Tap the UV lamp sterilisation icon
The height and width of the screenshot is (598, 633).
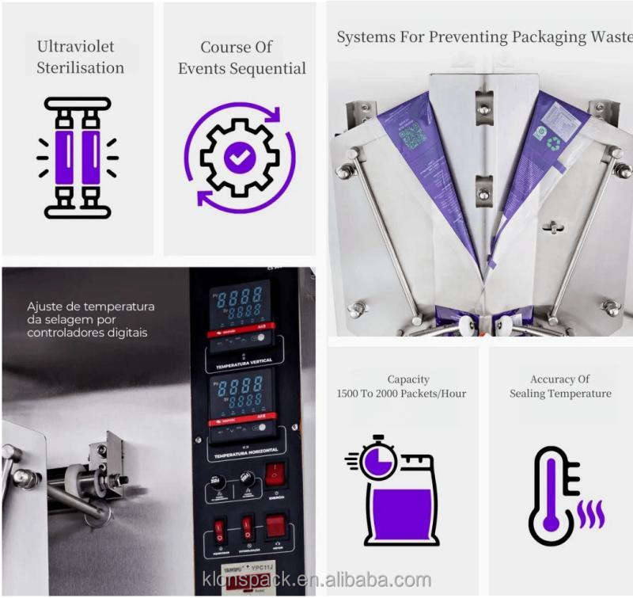77,158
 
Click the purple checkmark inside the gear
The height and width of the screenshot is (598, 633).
239,157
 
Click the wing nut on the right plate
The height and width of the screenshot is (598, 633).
554,227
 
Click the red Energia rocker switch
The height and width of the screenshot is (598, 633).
275,474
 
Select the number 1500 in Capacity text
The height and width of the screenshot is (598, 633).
353,394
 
